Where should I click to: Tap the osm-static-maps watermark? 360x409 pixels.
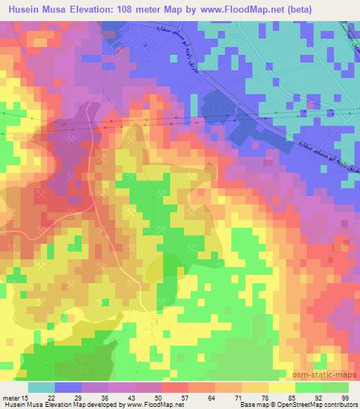click(330, 375)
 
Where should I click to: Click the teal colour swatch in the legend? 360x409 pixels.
click(41, 387)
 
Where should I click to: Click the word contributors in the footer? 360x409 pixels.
click(340, 405)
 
